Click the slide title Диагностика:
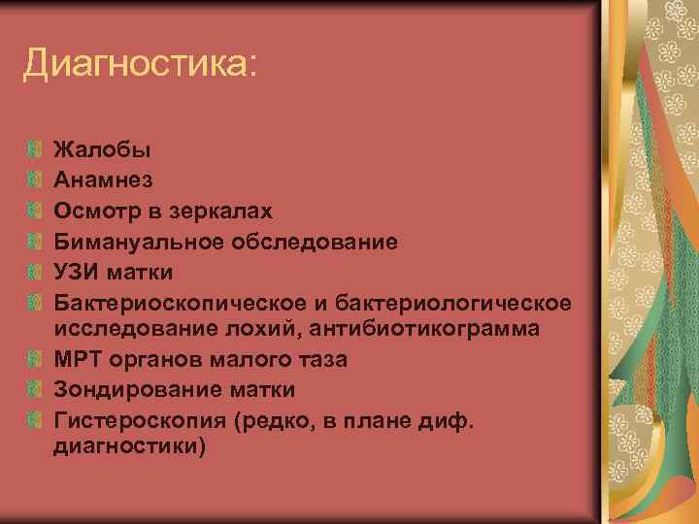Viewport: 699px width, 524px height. click(x=141, y=65)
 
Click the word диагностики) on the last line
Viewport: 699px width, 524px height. click(x=130, y=449)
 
